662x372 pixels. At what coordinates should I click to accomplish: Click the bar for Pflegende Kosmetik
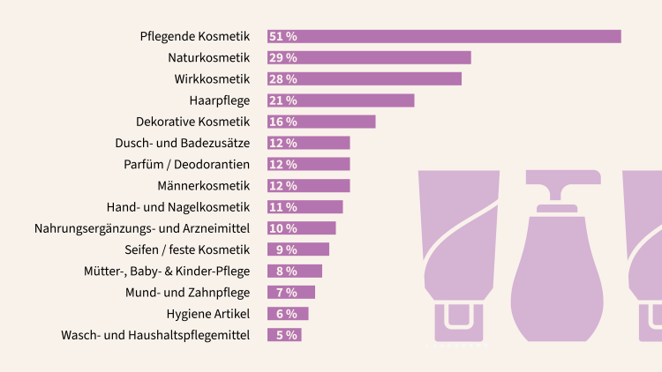pos(444,36)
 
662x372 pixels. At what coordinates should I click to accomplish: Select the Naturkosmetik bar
pos(369,57)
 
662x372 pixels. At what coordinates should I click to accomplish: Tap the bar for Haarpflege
pos(341,100)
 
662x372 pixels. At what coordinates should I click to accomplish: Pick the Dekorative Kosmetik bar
pos(321,122)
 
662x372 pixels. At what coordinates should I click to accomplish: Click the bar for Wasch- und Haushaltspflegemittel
pos(284,335)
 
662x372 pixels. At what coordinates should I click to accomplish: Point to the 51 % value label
pos(282,36)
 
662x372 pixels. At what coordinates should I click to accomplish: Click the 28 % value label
pos(282,79)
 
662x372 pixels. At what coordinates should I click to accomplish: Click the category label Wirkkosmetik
pos(212,79)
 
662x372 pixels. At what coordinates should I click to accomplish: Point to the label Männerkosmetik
pos(204,186)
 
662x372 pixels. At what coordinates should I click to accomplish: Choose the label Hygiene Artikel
pos(208,314)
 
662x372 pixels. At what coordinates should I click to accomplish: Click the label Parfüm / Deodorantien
pos(187,165)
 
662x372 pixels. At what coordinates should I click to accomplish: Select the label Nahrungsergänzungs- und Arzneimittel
pos(142,228)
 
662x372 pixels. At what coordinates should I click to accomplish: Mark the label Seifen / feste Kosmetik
pos(188,249)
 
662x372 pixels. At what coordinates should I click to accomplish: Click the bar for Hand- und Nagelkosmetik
pos(305,207)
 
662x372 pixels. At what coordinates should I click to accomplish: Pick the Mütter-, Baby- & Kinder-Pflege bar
pos(295,272)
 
